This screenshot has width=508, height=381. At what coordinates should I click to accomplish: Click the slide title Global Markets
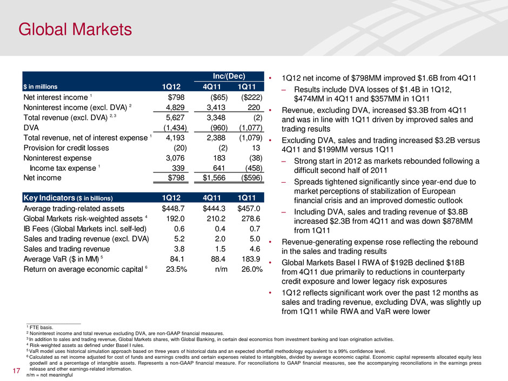click(72, 27)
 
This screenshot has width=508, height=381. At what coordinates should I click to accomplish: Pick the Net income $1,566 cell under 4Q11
click(216, 176)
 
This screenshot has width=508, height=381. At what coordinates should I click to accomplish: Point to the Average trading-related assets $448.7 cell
click(175, 208)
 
